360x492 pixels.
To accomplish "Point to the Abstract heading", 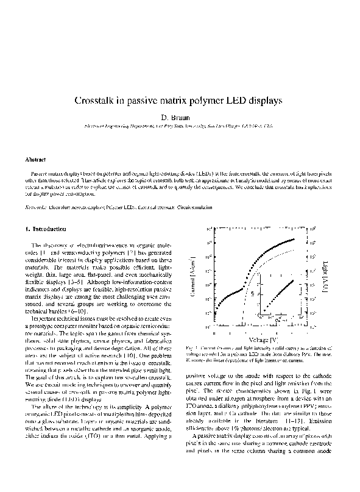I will (x=36, y=160).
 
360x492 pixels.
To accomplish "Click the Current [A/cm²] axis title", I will (x=193, y=277).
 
